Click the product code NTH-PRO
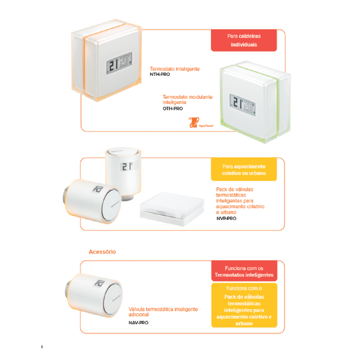click(x=160, y=74)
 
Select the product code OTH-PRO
click(x=173, y=108)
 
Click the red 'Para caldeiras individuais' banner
click(x=243, y=40)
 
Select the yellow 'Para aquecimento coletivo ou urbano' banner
click(x=243, y=170)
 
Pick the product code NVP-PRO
click(x=226, y=218)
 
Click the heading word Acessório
click(x=101, y=251)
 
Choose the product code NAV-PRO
click(x=138, y=322)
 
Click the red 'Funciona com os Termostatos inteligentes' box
click(x=243, y=272)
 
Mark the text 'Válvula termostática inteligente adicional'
click(x=163, y=312)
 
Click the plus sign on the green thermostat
click(x=255, y=113)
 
